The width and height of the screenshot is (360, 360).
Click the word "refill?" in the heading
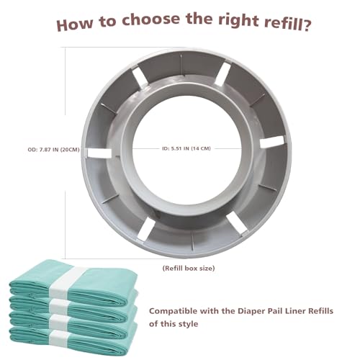tap(287, 24)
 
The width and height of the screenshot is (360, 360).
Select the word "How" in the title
tap(75, 24)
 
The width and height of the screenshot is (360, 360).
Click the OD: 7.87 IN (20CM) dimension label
tap(53, 150)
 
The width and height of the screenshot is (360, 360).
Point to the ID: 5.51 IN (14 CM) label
tap(186, 148)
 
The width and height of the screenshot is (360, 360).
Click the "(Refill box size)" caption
tap(189, 268)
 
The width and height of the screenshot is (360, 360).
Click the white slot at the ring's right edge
tap(272, 142)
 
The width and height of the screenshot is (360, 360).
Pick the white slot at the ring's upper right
tap(222, 73)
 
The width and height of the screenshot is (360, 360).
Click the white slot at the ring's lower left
tap(145, 229)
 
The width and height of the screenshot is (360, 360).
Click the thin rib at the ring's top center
tap(181, 63)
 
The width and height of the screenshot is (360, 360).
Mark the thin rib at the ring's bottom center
tap(192, 240)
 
